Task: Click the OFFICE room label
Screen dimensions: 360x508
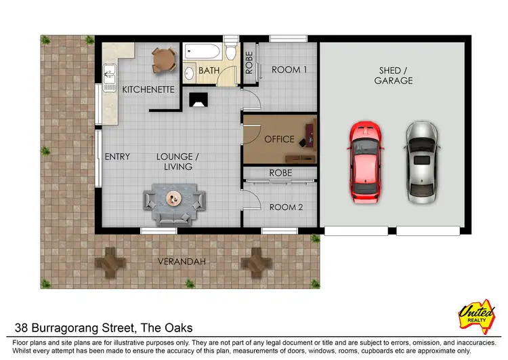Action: [279, 139]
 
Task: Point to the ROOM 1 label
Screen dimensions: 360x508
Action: [289, 69]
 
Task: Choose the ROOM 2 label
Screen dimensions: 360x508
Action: [287, 207]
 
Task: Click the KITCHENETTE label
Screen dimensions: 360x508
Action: [148, 89]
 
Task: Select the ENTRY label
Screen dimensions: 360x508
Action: [117, 157]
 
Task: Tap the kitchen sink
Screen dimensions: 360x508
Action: [108, 71]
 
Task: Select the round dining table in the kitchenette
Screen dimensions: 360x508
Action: [163, 60]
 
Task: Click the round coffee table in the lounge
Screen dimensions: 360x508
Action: [173, 199]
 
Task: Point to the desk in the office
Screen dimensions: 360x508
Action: [310, 134]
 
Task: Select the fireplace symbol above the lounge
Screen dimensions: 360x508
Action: [199, 100]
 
